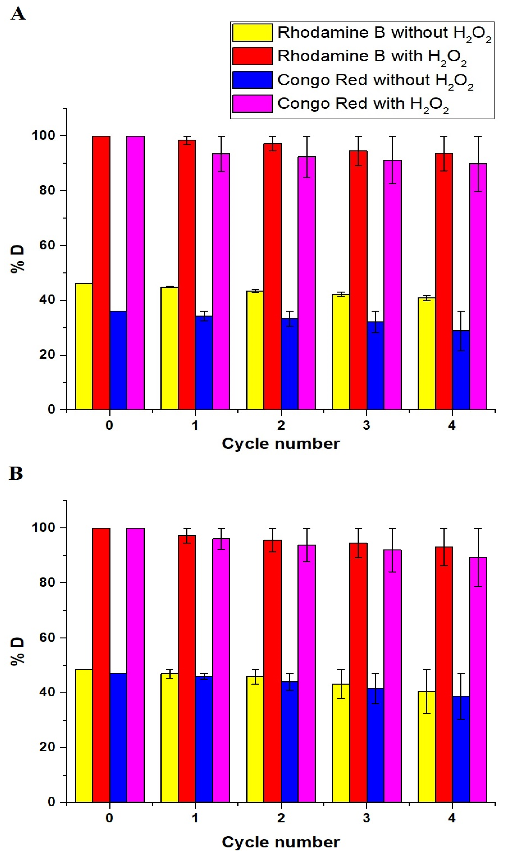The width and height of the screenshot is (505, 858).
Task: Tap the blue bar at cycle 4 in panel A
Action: [x=461, y=370]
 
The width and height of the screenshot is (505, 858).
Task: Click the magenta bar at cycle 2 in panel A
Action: [x=307, y=283]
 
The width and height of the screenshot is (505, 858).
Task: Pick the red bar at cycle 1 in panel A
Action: [x=187, y=274]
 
